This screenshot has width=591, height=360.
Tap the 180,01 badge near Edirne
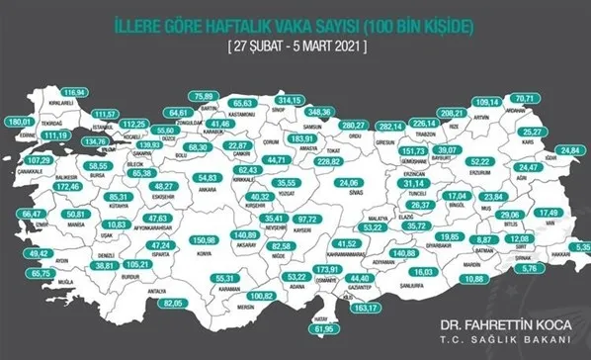21,122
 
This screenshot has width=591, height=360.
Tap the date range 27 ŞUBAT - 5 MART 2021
296,45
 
